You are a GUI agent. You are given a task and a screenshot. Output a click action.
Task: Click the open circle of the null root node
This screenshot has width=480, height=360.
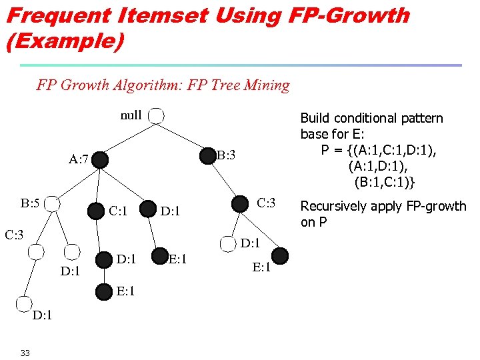tap(156, 116)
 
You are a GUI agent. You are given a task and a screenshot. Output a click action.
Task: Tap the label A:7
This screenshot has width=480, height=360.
tap(79, 160)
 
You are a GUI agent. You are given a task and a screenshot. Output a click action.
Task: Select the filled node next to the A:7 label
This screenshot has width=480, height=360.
tap(100, 159)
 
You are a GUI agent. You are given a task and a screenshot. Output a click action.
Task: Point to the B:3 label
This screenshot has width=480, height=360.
tap(226, 155)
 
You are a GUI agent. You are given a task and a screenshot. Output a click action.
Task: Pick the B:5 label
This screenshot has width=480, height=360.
tap(30, 203)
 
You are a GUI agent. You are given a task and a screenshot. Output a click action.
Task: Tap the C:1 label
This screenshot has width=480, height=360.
tap(118, 211)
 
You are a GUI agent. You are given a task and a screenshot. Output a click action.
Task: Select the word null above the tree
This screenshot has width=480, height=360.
tap(131, 115)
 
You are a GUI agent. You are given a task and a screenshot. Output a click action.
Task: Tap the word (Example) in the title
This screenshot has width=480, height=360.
tap(65, 42)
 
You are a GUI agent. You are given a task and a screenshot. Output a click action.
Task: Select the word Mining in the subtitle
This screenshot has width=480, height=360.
tap(267, 85)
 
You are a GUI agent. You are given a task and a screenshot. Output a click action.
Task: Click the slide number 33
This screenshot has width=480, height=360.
tap(25, 353)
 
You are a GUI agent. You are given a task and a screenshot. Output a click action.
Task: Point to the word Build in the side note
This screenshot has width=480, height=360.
tap(315, 119)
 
